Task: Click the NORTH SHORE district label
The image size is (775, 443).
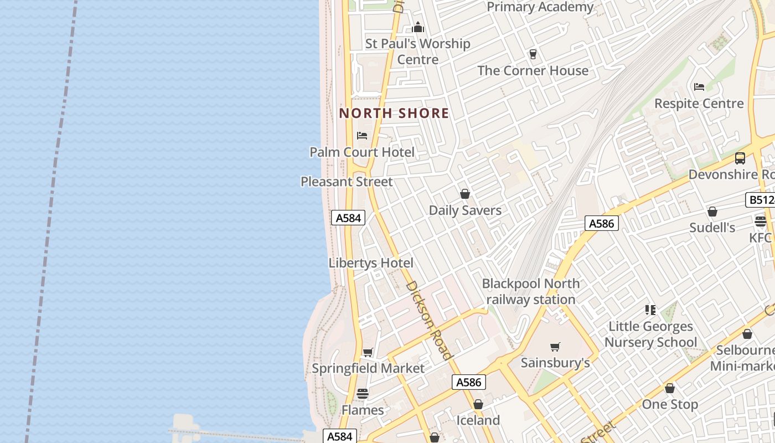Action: (394, 114)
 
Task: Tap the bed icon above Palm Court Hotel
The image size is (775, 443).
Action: (362, 136)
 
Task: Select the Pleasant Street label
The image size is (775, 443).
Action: (347, 182)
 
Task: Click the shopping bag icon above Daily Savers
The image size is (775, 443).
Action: (465, 194)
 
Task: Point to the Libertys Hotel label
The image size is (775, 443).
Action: (371, 263)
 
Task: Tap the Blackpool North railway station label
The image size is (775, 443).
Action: (531, 291)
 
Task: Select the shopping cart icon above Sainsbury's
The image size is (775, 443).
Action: (555, 347)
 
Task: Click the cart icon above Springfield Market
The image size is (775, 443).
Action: (368, 352)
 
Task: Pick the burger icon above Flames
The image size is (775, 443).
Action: (363, 394)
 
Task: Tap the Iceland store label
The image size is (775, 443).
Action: (478, 420)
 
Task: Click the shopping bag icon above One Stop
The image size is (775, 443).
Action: (670, 388)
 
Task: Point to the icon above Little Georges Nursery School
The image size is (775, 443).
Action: (650, 310)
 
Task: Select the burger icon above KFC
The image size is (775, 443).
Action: (760, 221)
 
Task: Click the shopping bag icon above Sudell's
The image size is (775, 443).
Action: (712, 212)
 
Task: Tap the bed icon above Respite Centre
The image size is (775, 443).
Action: (699, 87)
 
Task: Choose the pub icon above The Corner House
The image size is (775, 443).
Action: (533, 54)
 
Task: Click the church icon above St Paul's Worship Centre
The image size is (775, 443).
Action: (418, 27)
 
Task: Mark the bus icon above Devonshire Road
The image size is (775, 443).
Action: (740, 158)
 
